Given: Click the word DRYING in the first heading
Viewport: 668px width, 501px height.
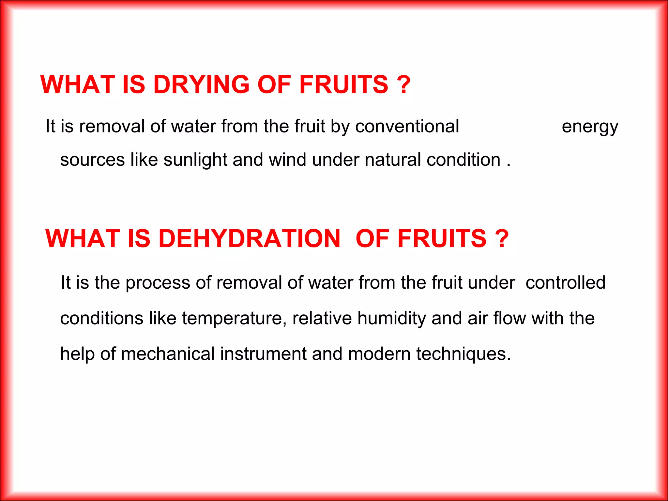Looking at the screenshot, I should tap(201, 84).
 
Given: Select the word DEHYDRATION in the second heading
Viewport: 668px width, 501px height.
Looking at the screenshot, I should tap(250, 238).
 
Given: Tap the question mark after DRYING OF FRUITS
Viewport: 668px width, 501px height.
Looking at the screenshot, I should tap(404, 84).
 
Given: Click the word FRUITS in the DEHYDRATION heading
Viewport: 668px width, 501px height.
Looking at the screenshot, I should tap(442, 238).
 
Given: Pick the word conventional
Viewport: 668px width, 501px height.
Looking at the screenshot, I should tap(407, 126).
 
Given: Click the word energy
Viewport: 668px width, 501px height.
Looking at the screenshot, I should tap(590, 127).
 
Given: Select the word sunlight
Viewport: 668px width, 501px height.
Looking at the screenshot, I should tap(195, 160).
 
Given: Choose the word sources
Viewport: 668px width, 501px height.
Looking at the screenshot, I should tap(92, 160).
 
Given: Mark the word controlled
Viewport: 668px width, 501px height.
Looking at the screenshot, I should tap(565, 282).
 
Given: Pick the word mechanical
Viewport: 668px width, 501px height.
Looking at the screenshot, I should tap(168, 354).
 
